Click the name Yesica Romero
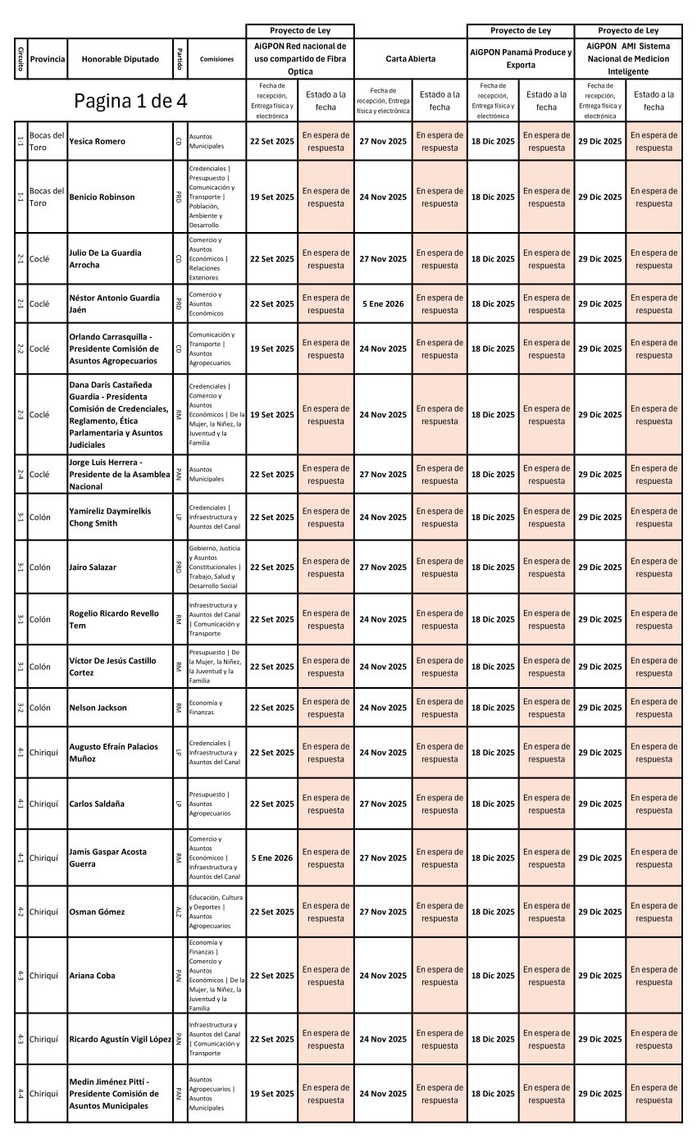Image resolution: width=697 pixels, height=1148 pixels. pyautogui.click(x=98, y=141)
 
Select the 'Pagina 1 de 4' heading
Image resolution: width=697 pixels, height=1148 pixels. pyautogui.click(x=130, y=101)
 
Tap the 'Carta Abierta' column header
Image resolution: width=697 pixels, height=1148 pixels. pyautogui.click(x=411, y=59)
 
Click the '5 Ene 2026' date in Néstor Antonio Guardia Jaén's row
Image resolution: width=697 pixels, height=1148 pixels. pyautogui.click(x=383, y=303)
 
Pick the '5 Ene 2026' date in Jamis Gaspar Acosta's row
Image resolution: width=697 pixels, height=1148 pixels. pyautogui.click(x=271, y=858)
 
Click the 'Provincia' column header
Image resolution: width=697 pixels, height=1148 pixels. pyautogui.click(x=48, y=59)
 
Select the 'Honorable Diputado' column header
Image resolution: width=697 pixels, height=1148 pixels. pyautogui.click(x=120, y=59)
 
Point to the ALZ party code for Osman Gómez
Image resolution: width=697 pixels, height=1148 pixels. pyautogui.click(x=178, y=912)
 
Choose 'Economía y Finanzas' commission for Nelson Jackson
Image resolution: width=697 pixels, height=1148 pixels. pyautogui.click(x=205, y=708)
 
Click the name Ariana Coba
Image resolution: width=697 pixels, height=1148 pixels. pyautogui.click(x=92, y=976)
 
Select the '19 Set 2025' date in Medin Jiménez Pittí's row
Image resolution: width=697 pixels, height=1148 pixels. pyautogui.click(x=271, y=1094)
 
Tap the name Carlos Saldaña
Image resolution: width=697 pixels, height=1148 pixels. pyautogui.click(x=97, y=804)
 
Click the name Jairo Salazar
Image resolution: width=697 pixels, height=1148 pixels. pyautogui.click(x=93, y=567)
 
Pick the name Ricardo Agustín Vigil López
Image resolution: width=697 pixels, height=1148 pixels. pyautogui.click(x=121, y=1039)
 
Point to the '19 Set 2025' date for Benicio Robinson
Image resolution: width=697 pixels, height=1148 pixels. pyautogui.click(x=271, y=197)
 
